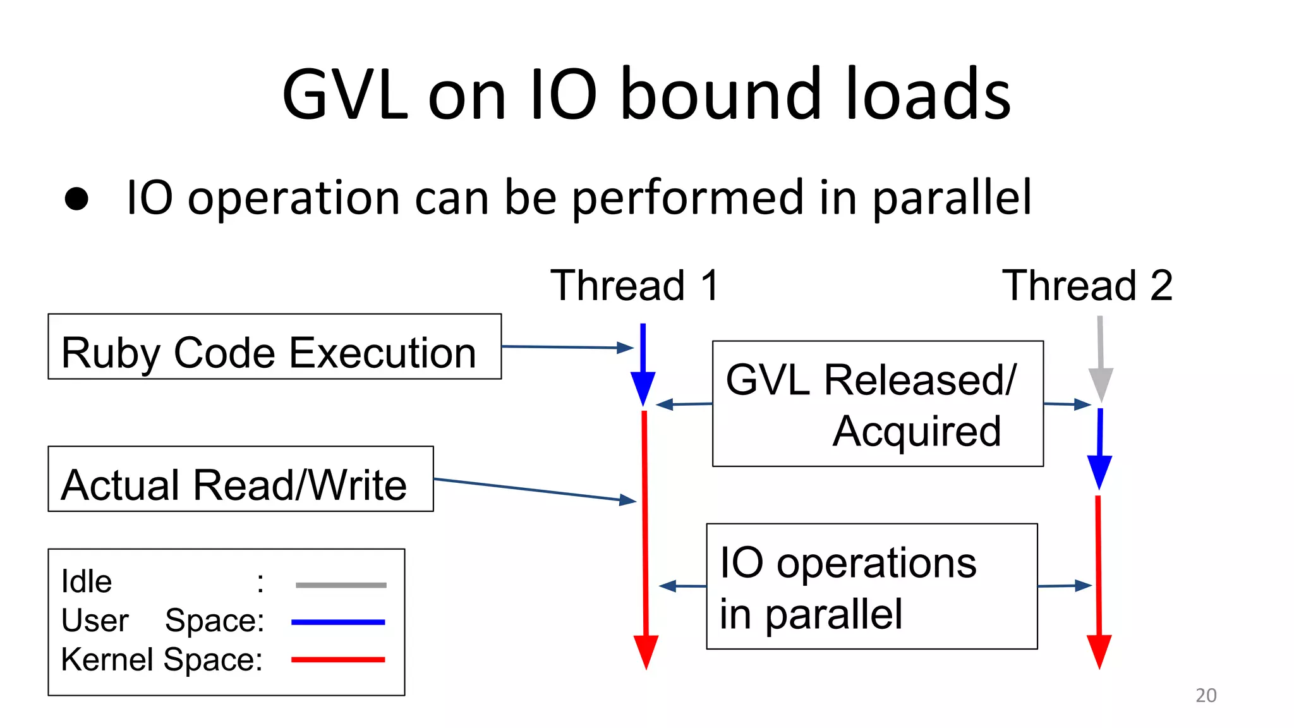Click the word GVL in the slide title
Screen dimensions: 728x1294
click(x=344, y=95)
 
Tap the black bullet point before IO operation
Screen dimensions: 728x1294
click(x=76, y=198)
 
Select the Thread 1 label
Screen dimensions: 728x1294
click(x=634, y=286)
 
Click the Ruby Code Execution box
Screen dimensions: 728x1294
click(x=274, y=347)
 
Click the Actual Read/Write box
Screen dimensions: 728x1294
click(x=240, y=479)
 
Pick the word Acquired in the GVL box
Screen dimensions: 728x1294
click(x=916, y=432)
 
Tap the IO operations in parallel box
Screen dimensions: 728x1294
click(x=871, y=586)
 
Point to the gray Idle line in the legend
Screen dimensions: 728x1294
click(x=341, y=585)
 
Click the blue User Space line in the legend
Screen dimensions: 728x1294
click(x=338, y=622)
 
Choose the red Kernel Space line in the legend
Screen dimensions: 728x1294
click(x=338, y=660)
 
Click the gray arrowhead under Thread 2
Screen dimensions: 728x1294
click(x=1101, y=384)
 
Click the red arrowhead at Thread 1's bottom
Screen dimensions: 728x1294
click(x=646, y=651)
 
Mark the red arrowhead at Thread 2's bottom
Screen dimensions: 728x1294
click(x=1099, y=651)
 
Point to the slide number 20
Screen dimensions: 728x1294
click(x=1206, y=695)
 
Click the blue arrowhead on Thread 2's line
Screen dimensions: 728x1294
click(x=1099, y=471)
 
